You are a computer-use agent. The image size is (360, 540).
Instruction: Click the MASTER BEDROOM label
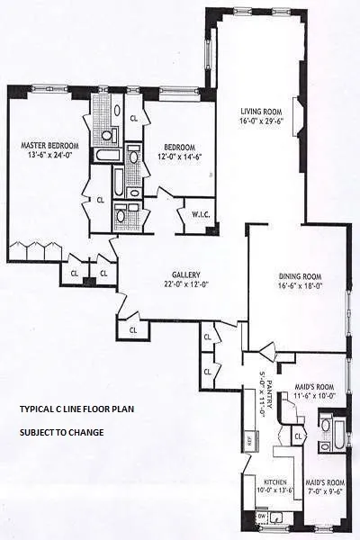[x=51, y=145]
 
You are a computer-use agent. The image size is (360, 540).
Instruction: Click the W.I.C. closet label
[x=201, y=214]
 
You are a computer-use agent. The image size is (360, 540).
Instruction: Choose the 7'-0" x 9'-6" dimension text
[x=322, y=492]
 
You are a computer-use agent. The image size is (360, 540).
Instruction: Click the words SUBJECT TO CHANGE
[x=61, y=432]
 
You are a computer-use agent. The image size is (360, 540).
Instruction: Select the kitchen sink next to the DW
[x=278, y=518]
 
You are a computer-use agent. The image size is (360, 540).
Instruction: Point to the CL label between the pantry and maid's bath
[x=299, y=436]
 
